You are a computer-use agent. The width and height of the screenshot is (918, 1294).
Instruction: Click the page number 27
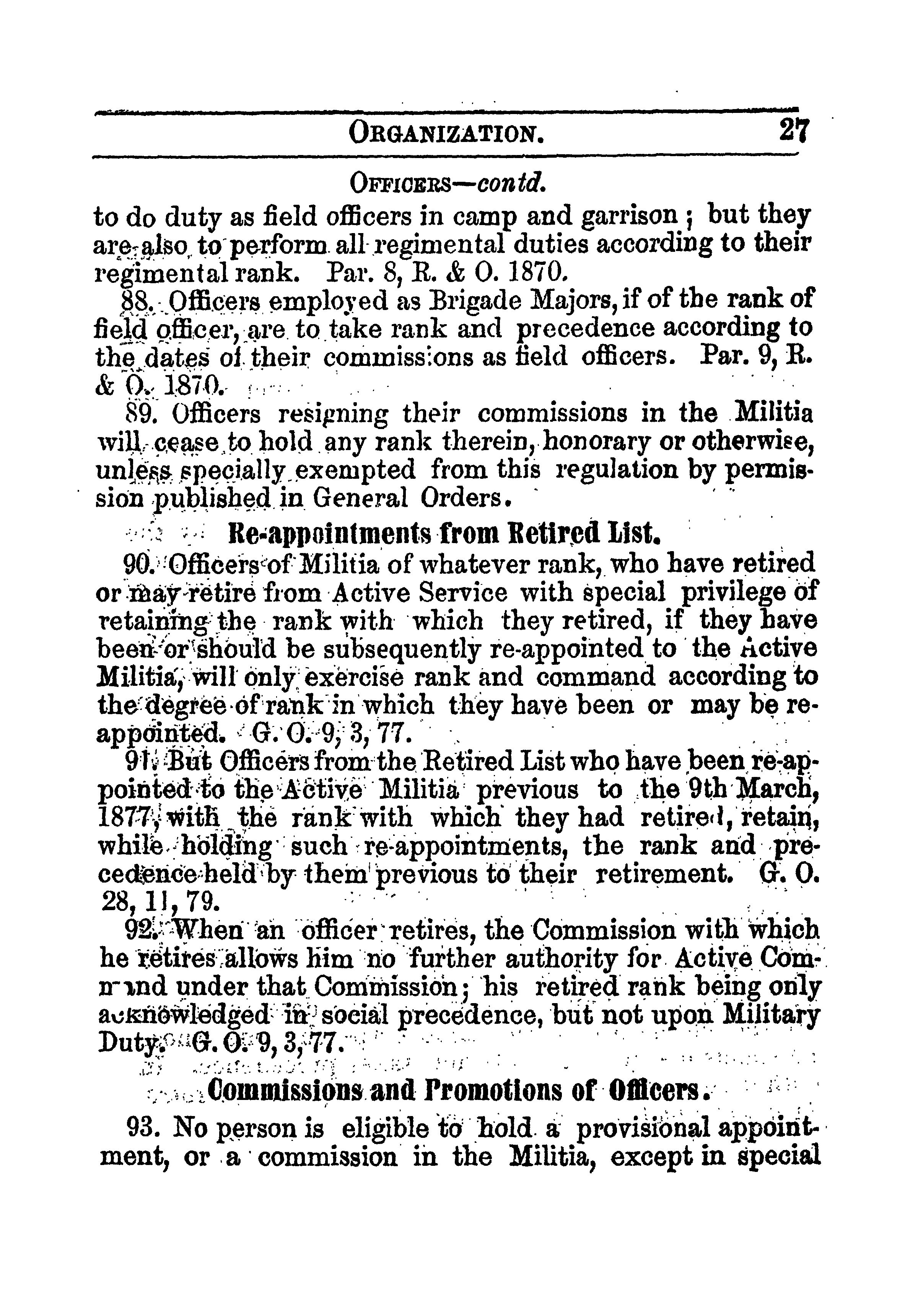(x=794, y=131)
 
